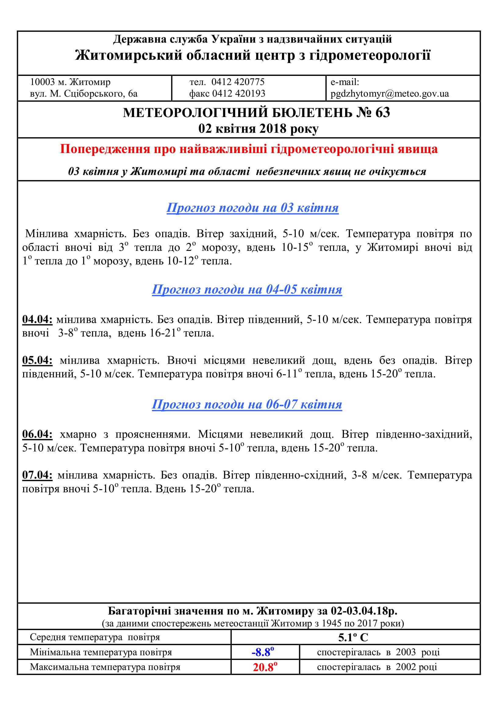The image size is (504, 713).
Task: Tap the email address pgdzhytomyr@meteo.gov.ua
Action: [x=390, y=94]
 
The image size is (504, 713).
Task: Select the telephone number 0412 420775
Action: [x=238, y=82]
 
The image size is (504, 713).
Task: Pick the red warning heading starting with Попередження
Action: [x=249, y=149]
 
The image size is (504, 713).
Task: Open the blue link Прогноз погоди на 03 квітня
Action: [x=252, y=208]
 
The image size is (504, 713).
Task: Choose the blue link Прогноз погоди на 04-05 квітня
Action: [x=247, y=289]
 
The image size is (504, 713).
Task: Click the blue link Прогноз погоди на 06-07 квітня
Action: [x=247, y=404]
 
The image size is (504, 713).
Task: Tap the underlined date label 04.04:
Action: [x=37, y=319]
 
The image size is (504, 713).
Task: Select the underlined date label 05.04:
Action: [x=37, y=361]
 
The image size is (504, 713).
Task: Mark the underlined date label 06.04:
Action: [x=37, y=434]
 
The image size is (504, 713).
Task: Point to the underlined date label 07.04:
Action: [x=37, y=476]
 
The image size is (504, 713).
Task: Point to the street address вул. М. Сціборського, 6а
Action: [x=84, y=94]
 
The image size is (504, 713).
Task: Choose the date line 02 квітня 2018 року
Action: [x=258, y=129]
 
